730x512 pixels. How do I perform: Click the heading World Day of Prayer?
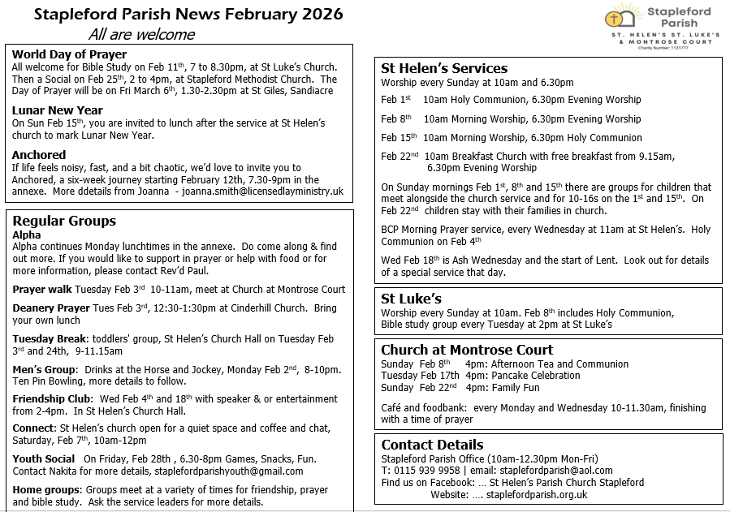coord(69,54)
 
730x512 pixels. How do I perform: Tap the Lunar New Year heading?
coord(57,110)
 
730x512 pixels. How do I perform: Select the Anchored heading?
coord(39,154)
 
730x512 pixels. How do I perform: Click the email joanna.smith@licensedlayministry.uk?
coord(263,191)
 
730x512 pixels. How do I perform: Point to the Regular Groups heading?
coord(64,221)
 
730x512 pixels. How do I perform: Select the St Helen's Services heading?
coord(444,68)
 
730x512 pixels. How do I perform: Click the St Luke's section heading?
coord(411,299)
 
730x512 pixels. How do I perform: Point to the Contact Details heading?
coord(432,445)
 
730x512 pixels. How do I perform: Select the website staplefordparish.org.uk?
coord(537,494)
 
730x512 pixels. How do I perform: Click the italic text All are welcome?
coord(141,34)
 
